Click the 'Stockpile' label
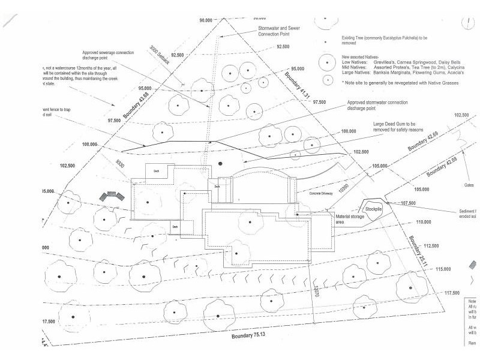374,209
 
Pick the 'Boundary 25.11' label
417,247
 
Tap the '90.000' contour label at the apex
206,20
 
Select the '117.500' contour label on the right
452,293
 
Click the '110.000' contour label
422,223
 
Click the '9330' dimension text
120,164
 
